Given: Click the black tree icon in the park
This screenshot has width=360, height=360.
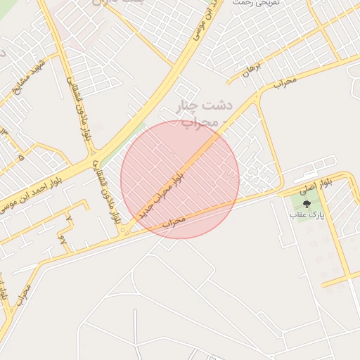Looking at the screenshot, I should (x=305, y=202).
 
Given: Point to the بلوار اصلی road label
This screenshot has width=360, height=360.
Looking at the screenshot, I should (x=315, y=186).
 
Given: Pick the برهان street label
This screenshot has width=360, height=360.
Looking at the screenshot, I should (x=252, y=68).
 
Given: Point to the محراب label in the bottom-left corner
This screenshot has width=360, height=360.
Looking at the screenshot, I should (x=22, y=298).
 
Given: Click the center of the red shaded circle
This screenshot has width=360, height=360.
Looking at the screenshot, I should (x=180, y=179).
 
